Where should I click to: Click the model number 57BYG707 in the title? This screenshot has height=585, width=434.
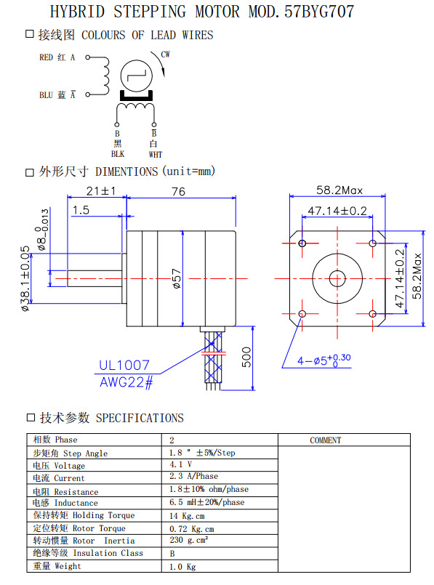pyautogui.click(x=319, y=12)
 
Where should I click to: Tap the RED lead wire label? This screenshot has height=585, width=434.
pyautogui.click(x=47, y=57)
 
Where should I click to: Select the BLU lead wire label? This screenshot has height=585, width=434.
pyautogui.click(x=47, y=95)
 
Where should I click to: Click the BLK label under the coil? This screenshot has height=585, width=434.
pyautogui.click(x=118, y=154)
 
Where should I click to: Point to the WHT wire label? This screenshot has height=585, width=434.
pyautogui.click(x=156, y=155)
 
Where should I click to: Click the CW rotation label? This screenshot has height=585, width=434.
pyautogui.click(x=165, y=55)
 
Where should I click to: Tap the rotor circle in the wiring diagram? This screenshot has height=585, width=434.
pyautogui.click(x=137, y=76)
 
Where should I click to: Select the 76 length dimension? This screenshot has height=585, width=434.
pyautogui.click(x=178, y=191)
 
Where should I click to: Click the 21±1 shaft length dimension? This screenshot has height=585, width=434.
pyautogui.click(x=101, y=191)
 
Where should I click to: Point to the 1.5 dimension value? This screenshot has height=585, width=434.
pyautogui.click(x=81, y=210)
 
